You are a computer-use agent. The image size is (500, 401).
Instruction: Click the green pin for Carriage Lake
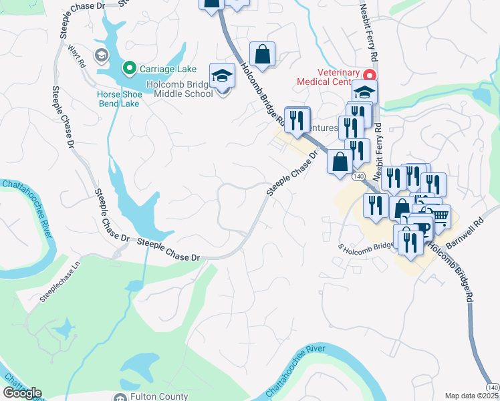129,68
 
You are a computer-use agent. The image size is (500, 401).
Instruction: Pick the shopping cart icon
441,216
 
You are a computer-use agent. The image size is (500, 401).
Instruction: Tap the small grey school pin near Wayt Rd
102,55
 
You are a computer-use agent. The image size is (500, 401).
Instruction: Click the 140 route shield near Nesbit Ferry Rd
359,176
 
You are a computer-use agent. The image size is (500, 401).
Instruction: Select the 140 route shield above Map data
493,387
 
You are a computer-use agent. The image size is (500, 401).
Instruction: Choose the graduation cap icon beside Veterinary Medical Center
365,92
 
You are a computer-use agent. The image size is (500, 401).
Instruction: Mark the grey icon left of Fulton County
121,396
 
